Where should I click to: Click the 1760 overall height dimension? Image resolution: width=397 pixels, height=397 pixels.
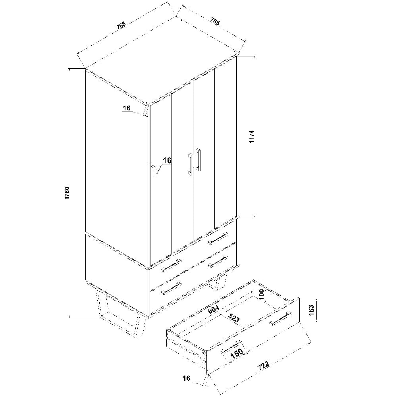point(67,193)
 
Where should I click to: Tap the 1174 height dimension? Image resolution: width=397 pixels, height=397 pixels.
point(252,137)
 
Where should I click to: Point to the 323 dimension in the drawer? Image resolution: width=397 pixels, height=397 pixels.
point(233,318)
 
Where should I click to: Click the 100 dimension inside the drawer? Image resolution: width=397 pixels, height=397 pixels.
point(262,295)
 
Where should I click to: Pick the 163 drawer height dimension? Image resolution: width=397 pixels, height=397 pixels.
point(311,310)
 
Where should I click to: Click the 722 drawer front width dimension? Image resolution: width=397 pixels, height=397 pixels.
point(263,366)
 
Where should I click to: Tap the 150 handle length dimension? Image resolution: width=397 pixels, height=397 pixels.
point(237,353)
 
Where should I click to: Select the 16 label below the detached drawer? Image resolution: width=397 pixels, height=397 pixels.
point(186,378)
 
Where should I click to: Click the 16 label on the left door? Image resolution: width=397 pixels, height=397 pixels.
point(167,160)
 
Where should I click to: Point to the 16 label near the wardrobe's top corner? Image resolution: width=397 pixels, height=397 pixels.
point(127,108)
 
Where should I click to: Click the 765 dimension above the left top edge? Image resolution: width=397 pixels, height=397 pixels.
point(121,25)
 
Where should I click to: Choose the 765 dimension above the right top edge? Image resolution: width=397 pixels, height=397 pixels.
point(215,21)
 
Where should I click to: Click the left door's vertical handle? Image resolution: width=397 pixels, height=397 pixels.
point(190,164)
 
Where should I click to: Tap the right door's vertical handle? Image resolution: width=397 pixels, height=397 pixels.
point(198,160)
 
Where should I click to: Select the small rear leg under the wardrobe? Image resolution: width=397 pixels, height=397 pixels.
point(217,283)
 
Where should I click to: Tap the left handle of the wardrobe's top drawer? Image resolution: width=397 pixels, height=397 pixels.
point(171,266)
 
